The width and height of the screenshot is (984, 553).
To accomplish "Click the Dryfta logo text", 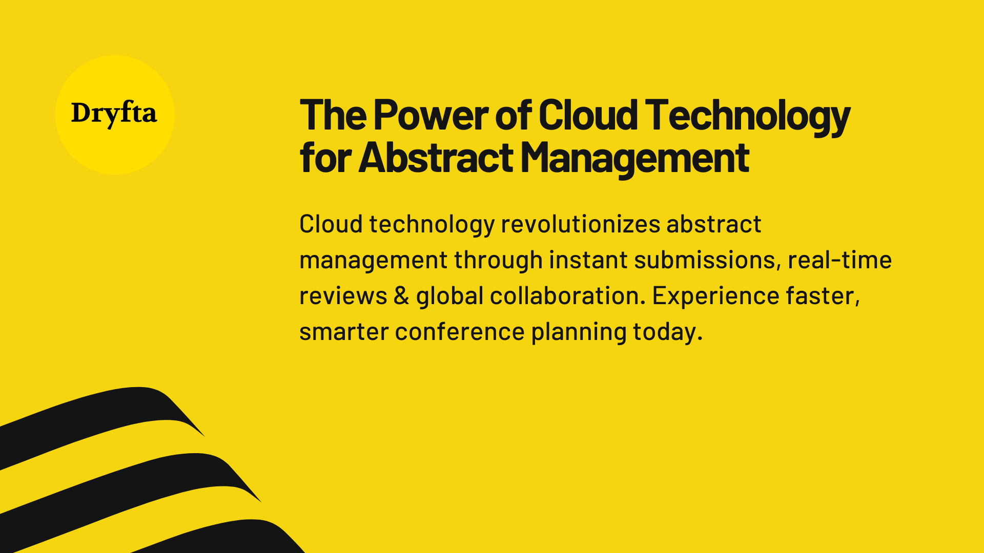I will (114, 113).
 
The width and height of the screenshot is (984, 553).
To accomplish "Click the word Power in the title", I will (430, 115).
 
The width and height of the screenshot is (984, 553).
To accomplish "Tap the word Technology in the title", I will (747, 115).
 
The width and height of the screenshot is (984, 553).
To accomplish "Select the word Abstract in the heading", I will (436, 158).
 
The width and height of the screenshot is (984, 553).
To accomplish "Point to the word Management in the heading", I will (634, 158).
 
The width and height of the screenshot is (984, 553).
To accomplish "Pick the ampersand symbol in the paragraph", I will (401, 296).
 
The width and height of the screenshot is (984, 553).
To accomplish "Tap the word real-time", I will (839, 260).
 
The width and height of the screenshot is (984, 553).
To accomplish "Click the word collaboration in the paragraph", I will (567, 296).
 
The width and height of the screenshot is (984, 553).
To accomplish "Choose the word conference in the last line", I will (460, 332).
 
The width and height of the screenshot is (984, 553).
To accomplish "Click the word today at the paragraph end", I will (666, 332).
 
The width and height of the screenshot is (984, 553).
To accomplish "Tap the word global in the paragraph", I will (449, 296).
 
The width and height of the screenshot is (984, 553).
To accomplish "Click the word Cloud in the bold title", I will (588, 115).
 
